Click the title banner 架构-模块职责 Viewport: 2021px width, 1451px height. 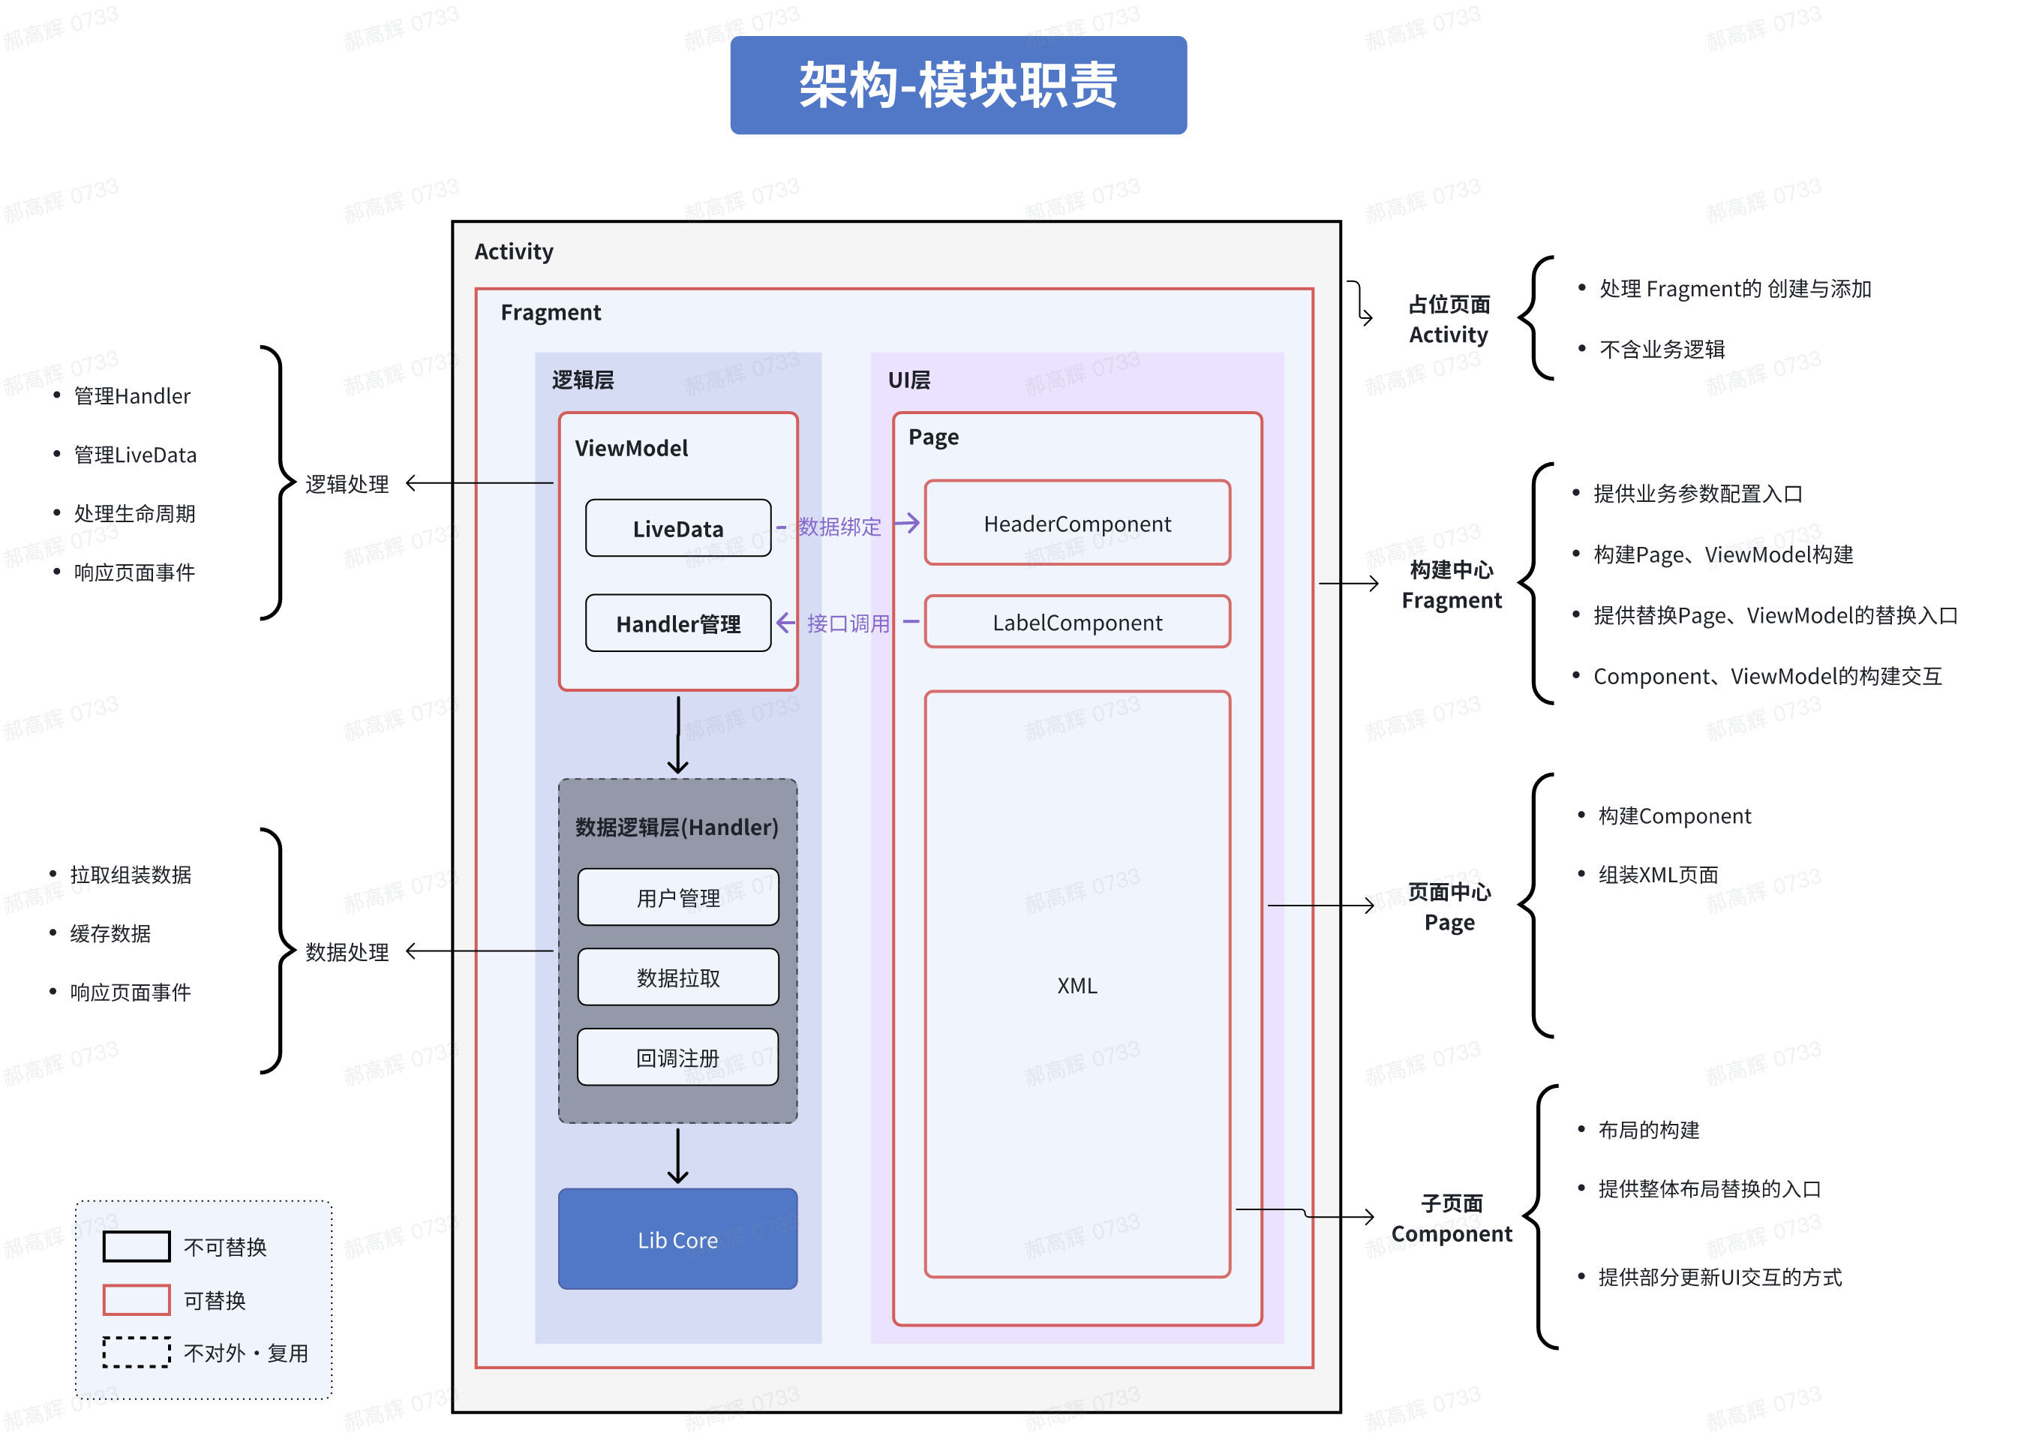[x=958, y=86]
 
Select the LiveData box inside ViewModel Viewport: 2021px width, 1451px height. [x=678, y=528]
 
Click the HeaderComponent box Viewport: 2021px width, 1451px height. [x=1077, y=523]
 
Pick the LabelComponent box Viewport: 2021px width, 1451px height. [x=1077, y=622]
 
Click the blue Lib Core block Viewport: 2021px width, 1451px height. [x=677, y=1239]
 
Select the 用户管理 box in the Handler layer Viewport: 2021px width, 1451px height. [x=678, y=897]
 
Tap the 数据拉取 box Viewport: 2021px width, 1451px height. [x=678, y=978]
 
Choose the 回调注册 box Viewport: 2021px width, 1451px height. [x=678, y=1058]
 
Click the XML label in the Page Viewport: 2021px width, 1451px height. [x=1077, y=986]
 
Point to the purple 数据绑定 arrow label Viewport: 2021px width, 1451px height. [x=839, y=527]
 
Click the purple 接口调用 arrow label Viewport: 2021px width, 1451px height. [x=848, y=623]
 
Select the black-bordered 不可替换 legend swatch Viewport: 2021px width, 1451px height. [x=137, y=1246]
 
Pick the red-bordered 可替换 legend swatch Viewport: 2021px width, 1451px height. [x=137, y=1299]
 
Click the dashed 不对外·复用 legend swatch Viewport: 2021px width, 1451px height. [x=137, y=1352]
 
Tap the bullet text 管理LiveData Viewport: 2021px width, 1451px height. [x=134, y=455]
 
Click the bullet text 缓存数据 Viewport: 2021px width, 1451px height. [x=110, y=933]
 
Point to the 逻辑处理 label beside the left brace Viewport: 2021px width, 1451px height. [x=347, y=484]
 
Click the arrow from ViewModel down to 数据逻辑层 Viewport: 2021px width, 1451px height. [x=678, y=735]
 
